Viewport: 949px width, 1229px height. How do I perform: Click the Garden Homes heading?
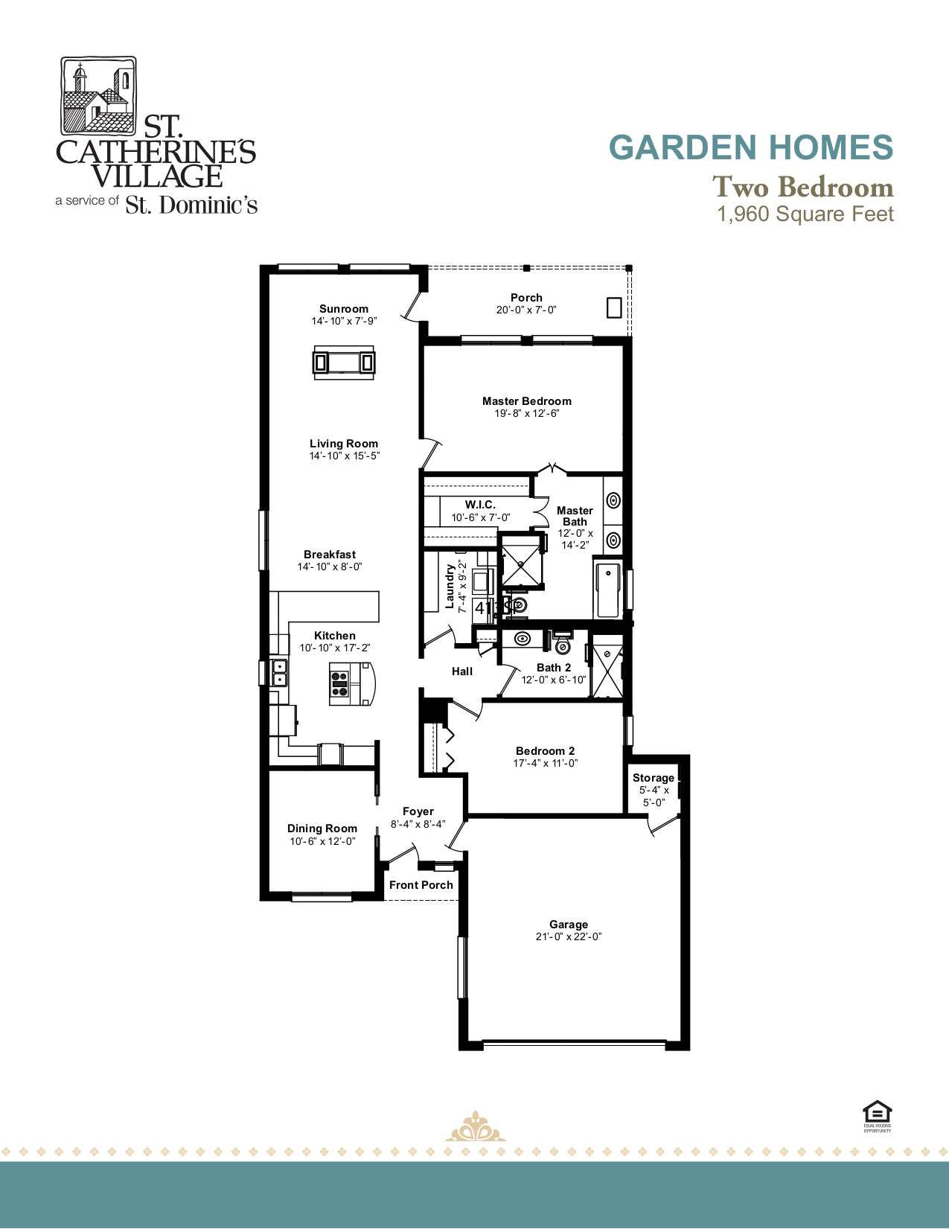(750, 147)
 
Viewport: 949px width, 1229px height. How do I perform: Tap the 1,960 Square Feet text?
(805, 214)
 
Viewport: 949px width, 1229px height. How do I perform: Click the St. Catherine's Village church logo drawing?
(98, 95)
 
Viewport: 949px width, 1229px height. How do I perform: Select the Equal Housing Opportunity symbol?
(877, 1114)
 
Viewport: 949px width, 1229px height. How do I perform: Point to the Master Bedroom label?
(526, 401)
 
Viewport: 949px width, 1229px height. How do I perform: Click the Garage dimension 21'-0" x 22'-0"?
(568, 937)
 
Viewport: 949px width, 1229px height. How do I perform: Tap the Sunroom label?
(343, 309)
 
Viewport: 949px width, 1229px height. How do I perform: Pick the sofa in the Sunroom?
(343, 363)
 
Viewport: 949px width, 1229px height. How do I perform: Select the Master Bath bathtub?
(608, 590)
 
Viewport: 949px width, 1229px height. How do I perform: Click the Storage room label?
(653, 778)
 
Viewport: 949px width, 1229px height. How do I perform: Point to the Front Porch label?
(421, 885)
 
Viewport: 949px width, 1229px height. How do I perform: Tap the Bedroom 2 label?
(545, 751)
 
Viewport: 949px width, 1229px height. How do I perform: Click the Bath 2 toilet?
(563, 643)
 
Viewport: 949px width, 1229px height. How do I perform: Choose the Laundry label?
(450, 586)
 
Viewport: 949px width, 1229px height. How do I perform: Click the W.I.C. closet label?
(480, 505)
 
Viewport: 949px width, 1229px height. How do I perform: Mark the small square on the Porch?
(614, 307)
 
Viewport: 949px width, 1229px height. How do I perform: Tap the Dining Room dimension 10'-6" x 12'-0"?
(322, 842)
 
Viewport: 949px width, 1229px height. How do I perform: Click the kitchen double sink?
(280, 672)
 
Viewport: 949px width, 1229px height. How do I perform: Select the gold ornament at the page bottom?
(475, 1127)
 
